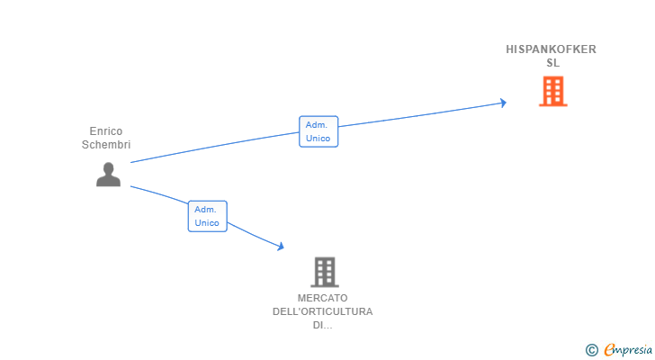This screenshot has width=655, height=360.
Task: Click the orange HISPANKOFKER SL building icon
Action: [552, 91]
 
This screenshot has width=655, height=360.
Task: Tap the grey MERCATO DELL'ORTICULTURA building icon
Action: [324, 272]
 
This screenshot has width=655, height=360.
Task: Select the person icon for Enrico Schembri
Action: [108, 175]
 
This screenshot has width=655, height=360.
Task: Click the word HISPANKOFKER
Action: [552, 49]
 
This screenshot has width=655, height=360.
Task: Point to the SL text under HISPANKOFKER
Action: [552, 63]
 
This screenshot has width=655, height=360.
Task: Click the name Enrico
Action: [106, 131]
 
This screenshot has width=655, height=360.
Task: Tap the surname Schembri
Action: [106, 145]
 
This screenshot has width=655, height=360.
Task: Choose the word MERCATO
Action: [322, 298]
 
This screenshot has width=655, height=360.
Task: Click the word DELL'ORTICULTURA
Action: [322, 311]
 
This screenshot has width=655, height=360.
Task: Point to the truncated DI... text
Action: [322, 325]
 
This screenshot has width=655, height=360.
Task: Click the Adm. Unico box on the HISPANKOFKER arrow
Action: [319, 131]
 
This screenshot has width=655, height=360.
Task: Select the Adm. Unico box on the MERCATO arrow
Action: [207, 216]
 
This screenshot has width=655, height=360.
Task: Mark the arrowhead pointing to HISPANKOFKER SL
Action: [503, 103]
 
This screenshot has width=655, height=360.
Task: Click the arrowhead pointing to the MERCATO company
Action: [281, 246]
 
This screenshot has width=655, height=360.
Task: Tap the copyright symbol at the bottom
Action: [591, 350]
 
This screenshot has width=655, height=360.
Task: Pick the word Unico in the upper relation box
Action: [319, 139]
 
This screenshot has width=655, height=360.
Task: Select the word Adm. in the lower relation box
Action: [206, 209]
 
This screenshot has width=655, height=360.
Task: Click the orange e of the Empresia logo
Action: [610, 350]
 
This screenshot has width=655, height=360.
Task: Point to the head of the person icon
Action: [108, 167]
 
